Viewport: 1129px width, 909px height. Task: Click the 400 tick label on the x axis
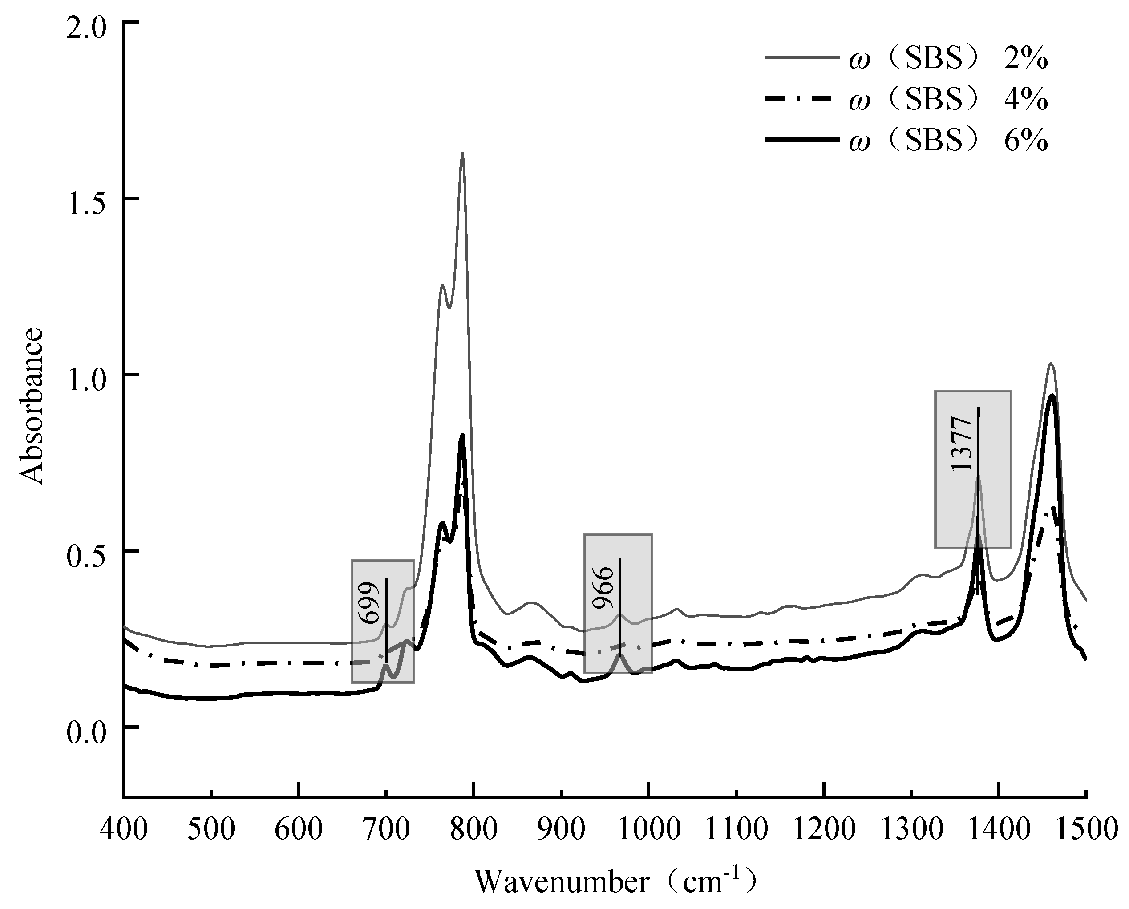click(x=124, y=830)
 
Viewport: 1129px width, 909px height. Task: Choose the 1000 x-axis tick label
click(x=649, y=830)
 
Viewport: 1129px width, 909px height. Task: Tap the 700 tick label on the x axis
click(x=386, y=830)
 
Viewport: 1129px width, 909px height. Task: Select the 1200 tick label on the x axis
click(x=824, y=830)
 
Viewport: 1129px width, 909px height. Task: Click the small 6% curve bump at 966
click(x=620, y=655)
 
